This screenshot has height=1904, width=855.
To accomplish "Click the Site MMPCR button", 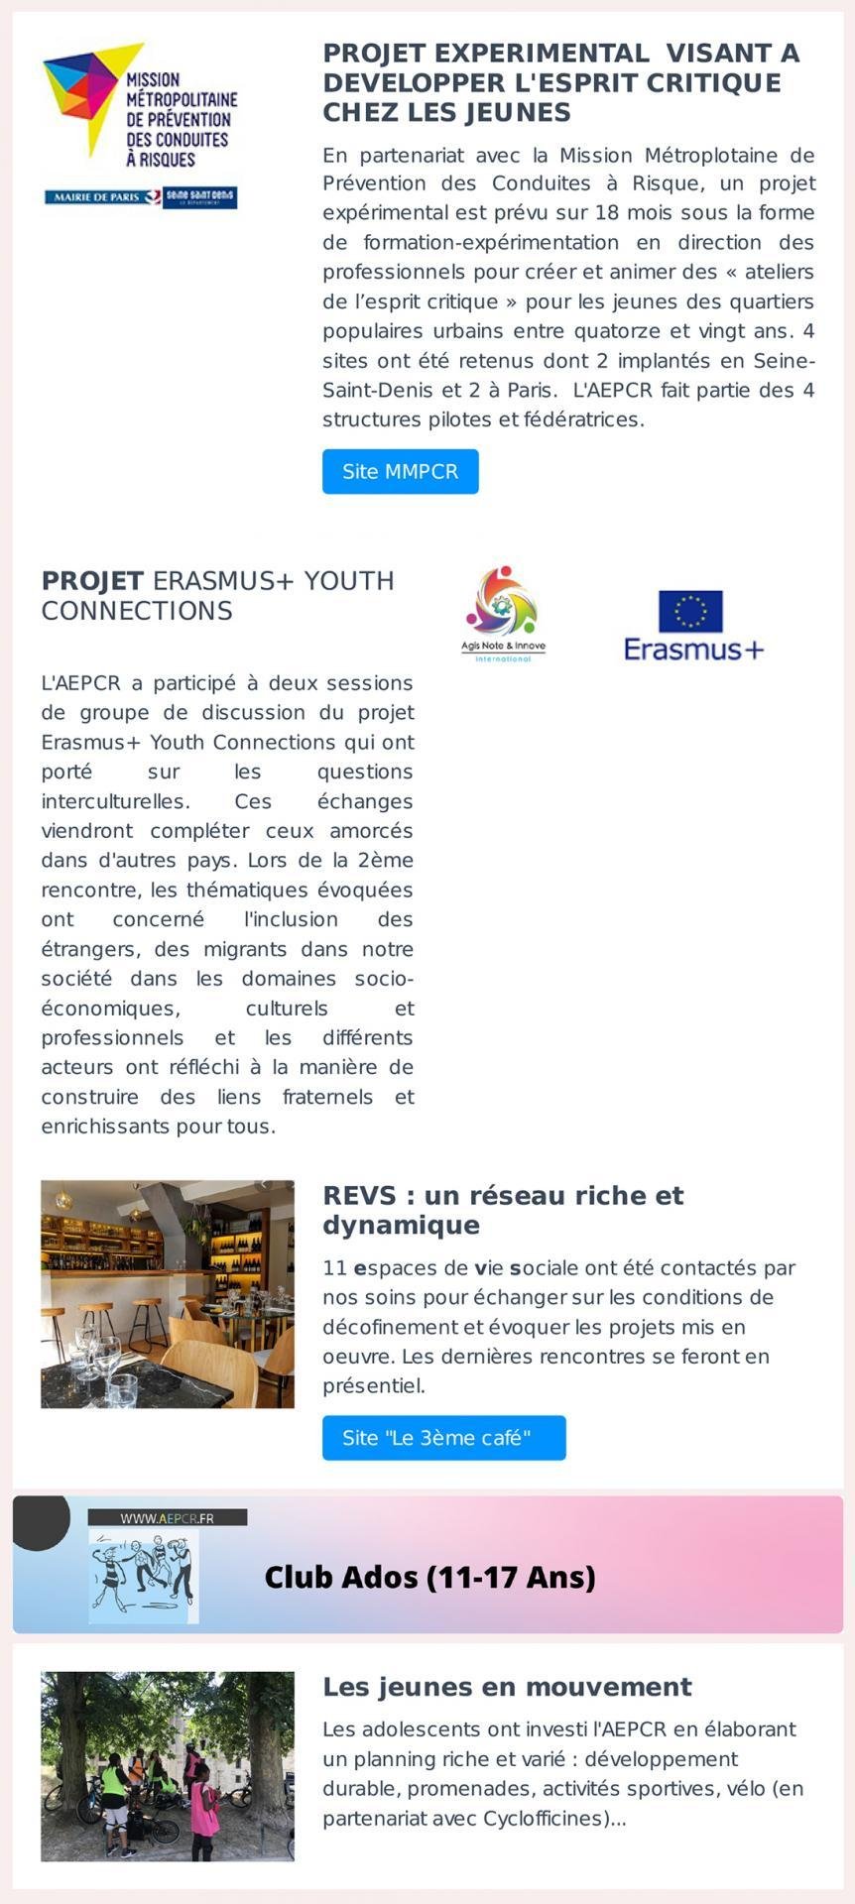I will (400, 472).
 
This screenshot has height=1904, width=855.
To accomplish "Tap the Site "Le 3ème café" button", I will (443, 1438).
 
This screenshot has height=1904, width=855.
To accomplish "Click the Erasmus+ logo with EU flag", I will (693, 626).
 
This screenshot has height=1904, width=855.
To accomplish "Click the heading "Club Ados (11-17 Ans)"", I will (429, 1577).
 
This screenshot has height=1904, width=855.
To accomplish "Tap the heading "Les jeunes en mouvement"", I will (507, 1687).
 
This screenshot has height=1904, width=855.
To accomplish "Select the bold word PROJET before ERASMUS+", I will (92, 581).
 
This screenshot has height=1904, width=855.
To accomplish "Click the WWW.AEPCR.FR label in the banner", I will (167, 1518).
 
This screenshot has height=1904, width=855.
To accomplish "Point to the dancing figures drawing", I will (143, 1576).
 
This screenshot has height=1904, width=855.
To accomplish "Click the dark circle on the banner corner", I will (40, 1518).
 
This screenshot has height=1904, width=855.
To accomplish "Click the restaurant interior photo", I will (167, 1293).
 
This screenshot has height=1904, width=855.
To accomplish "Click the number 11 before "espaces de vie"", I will (334, 1268).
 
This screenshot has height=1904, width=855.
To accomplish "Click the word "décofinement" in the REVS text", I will (385, 1327).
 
